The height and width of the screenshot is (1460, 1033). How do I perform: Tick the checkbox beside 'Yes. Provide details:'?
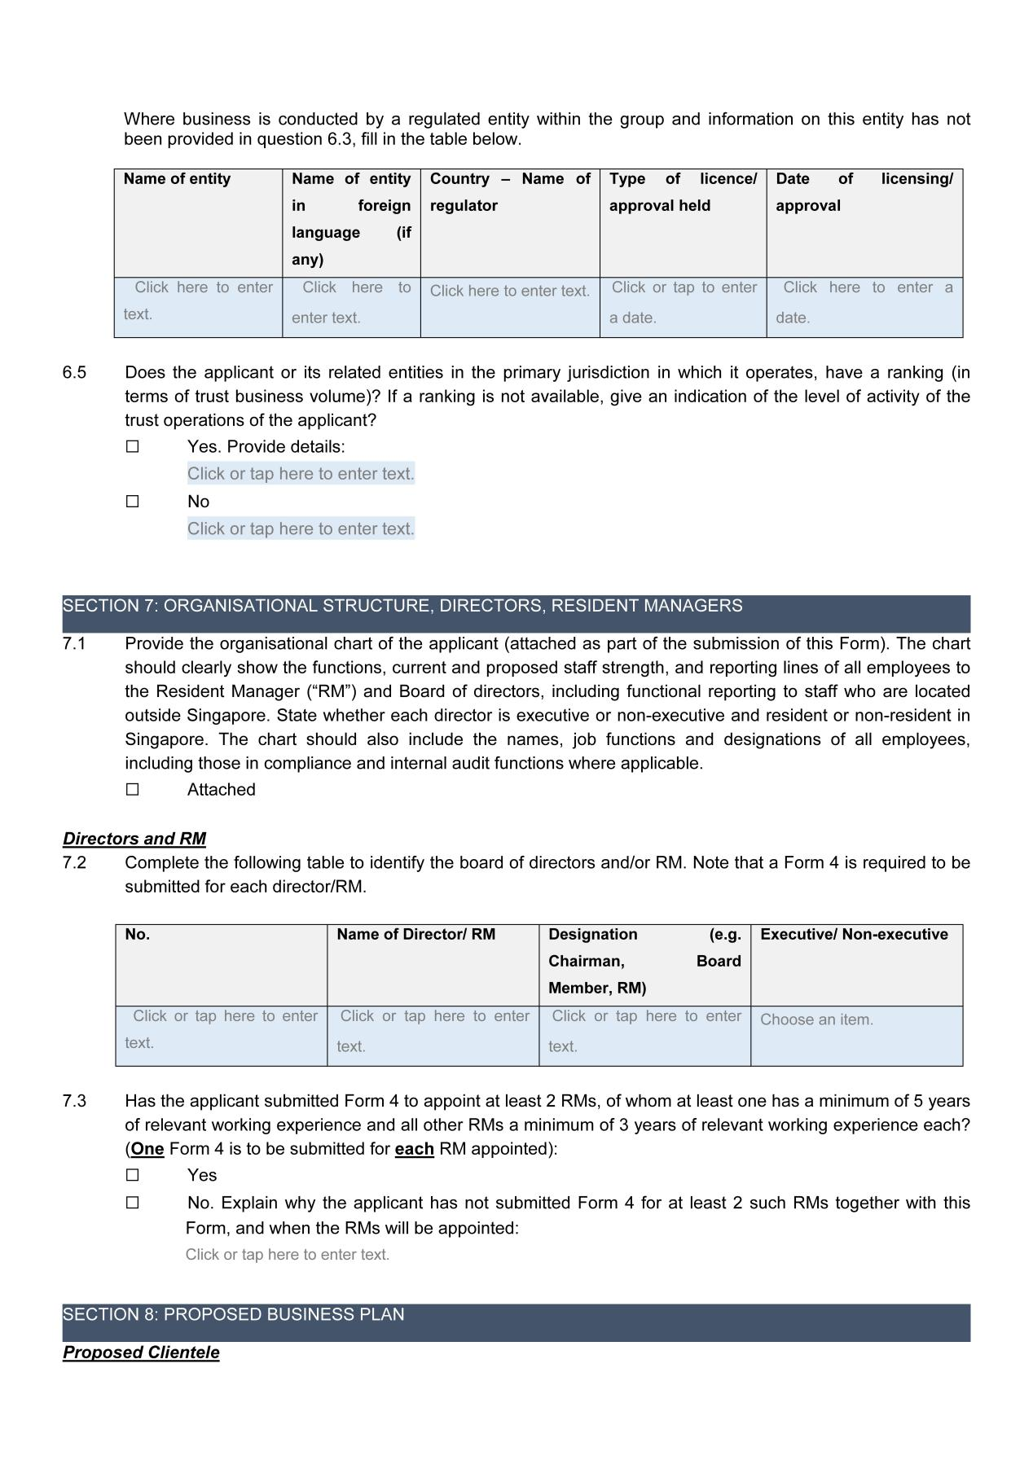coord(133,447)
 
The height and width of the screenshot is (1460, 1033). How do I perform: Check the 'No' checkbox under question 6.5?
coord(133,502)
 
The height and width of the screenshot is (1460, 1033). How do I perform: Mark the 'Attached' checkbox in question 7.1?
coord(133,790)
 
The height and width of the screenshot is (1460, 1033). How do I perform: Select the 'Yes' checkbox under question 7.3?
coord(133,1175)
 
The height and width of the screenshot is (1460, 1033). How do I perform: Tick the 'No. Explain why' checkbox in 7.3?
coord(133,1203)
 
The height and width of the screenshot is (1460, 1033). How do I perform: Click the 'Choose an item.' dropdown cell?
coord(816,1019)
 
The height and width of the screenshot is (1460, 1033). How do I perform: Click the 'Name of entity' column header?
coord(177,179)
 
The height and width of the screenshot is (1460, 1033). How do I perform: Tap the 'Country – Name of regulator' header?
coord(510,192)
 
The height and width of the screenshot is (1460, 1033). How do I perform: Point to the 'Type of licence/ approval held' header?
coord(683,192)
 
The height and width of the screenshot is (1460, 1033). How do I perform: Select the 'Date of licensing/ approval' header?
coord(864,192)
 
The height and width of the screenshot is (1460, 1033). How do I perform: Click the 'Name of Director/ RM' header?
coord(415,935)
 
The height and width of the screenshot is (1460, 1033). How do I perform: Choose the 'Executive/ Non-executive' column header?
coord(854,935)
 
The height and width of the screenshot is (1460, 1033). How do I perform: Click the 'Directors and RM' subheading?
coord(134,839)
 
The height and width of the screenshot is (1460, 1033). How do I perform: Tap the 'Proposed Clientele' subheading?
coord(141,1353)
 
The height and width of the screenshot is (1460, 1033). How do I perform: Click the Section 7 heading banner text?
coord(402,606)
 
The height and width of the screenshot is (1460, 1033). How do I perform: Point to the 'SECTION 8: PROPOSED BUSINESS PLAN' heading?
coord(233,1314)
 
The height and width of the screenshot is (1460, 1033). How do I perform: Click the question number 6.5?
coord(74,373)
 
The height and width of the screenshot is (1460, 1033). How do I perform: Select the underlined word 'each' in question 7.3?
coord(414,1150)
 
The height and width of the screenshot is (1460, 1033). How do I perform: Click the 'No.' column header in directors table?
coord(138,935)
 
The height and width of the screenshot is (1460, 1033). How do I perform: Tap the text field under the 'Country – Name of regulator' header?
coord(509,292)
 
